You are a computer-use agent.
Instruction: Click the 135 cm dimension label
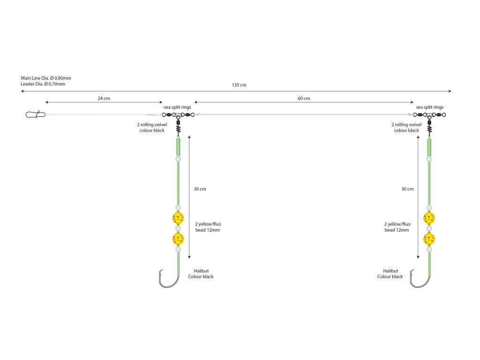[x=239, y=85]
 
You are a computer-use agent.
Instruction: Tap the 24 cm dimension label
[x=104, y=98]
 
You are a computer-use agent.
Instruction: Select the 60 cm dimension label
[x=304, y=98]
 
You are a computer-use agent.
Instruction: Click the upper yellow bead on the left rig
[x=178, y=217]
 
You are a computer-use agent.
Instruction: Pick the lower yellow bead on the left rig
[x=178, y=239]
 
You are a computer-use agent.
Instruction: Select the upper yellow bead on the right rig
[x=428, y=217]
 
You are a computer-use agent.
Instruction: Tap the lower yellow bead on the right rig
[x=428, y=239]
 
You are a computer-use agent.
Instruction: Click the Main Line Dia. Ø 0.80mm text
[x=46, y=78]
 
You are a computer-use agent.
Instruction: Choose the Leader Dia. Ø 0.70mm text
[x=43, y=84]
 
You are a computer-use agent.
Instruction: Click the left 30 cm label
[x=200, y=189]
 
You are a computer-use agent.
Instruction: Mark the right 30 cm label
[x=407, y=189]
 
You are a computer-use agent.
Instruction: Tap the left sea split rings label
[x=177, y=107]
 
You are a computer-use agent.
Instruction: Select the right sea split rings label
[x=429, y=107]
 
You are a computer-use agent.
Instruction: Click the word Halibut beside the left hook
[x=201, y=271]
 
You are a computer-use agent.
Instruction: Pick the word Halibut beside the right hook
[x=390, y=271]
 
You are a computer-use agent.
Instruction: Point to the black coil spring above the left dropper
[x=178, y=127]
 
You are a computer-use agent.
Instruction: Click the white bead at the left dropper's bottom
[x=178, y=250]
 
